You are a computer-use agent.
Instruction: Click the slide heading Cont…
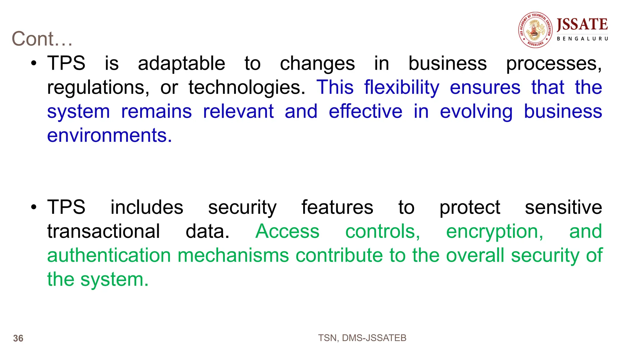coord(42,39)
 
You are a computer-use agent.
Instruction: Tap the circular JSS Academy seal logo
coord(535,30)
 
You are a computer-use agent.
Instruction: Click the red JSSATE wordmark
coord(582,24)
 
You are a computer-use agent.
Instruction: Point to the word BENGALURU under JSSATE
coord(582,39)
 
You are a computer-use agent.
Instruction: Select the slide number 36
coord(18,338)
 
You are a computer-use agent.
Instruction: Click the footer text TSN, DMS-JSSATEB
coord(362,338)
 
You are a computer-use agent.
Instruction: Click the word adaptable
coord(182,64)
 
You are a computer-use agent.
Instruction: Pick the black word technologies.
coord(247,88)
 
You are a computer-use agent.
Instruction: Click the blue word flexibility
coord(402,88)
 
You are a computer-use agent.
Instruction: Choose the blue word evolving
coord(476,112)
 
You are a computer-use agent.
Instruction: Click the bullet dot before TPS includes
coord(34,207)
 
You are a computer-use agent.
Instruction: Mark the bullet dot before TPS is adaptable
coord(34,64)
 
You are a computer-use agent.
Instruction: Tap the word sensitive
coord(563,207)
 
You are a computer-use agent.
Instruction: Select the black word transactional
coord(103,231)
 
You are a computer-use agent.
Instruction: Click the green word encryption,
coord(495,232)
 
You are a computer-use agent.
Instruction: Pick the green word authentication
coord(109,255)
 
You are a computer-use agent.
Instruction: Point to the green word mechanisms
coord(233,255)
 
